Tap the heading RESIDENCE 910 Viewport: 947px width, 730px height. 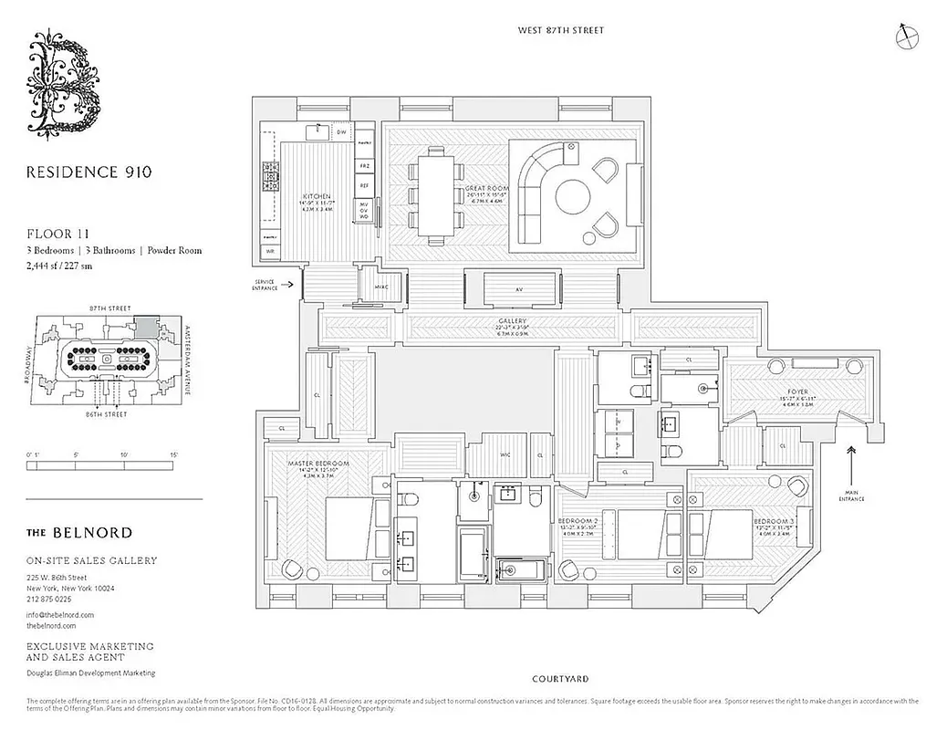click(88, 171)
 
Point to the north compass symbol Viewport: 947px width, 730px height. click(907, 36)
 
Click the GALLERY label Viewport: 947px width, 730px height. click(513, 322)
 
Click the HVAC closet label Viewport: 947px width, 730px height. click(381, 287)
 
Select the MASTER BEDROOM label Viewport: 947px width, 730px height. click(314, 464)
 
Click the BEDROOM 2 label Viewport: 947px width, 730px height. click(578, 521)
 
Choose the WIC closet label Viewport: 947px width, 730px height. click(505, 454)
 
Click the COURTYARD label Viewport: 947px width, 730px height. click(559, 679)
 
